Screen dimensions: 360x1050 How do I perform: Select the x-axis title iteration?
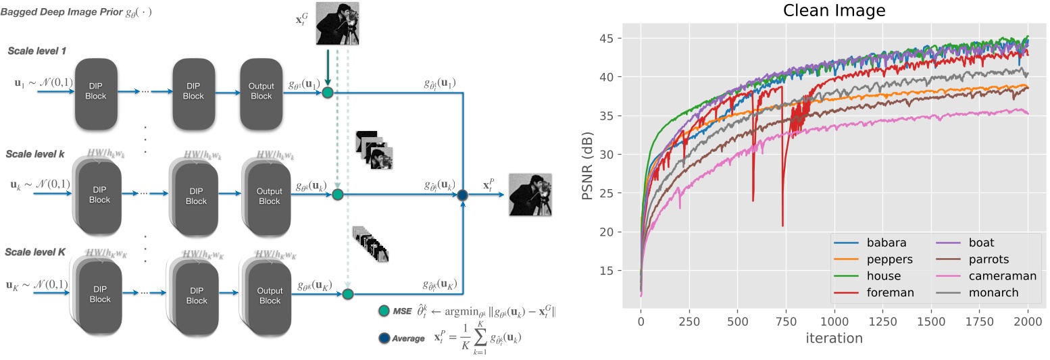pyautogui.click(x=834, y=338)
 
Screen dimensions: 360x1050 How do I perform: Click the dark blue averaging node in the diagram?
pyautogui.click(x=463, y=196)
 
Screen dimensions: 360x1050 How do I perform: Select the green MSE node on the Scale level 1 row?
pyautogui.click(x=328, y=93)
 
